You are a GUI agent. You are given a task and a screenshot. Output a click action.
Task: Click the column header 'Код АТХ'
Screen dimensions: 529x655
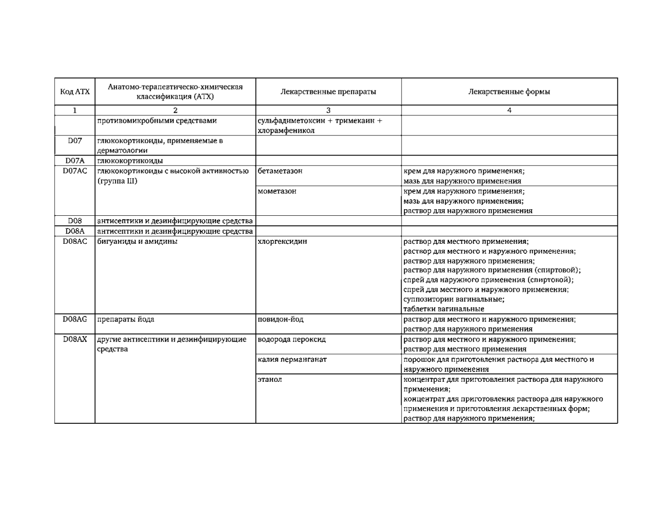[75, 92]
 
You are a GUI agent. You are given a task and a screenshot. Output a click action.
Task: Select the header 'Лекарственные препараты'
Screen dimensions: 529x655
[328, 92]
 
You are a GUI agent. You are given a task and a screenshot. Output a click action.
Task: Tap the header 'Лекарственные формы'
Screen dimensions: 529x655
[509, 92]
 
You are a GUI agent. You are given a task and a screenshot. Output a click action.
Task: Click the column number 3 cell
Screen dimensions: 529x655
[328, 111]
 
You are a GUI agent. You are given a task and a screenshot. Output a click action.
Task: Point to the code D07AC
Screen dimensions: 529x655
[75, 171]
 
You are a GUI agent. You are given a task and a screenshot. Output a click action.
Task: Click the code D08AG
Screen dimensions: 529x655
[75, 319]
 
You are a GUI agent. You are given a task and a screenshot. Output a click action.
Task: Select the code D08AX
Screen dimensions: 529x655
[75, 339]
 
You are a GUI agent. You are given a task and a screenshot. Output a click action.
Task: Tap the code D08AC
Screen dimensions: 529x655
[75, 241]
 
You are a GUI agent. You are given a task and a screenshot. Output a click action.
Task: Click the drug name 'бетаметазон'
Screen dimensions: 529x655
[280, 171]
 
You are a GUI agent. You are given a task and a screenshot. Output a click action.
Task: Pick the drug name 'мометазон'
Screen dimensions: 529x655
[277, 191]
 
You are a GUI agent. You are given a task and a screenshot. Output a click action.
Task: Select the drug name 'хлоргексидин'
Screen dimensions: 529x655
[282, 241]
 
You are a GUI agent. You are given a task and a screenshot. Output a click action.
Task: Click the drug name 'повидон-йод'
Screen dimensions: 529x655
[281, 319]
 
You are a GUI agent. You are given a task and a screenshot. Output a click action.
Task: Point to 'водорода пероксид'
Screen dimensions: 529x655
[291, 339]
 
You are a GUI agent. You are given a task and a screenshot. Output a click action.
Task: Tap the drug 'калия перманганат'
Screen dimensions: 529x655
[292, 360]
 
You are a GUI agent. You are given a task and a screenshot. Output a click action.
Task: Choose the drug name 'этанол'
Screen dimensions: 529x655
[270, 379]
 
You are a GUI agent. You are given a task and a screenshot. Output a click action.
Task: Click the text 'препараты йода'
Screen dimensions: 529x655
[125, 319]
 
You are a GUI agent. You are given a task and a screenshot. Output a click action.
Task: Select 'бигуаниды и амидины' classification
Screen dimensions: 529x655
[137, 241]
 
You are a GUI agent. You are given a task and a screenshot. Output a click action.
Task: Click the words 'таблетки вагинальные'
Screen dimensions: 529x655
[444, 309]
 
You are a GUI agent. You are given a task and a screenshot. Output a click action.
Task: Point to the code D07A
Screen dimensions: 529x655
[75, 160]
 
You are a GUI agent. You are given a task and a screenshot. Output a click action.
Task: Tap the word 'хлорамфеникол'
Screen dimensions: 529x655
[286, 131]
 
